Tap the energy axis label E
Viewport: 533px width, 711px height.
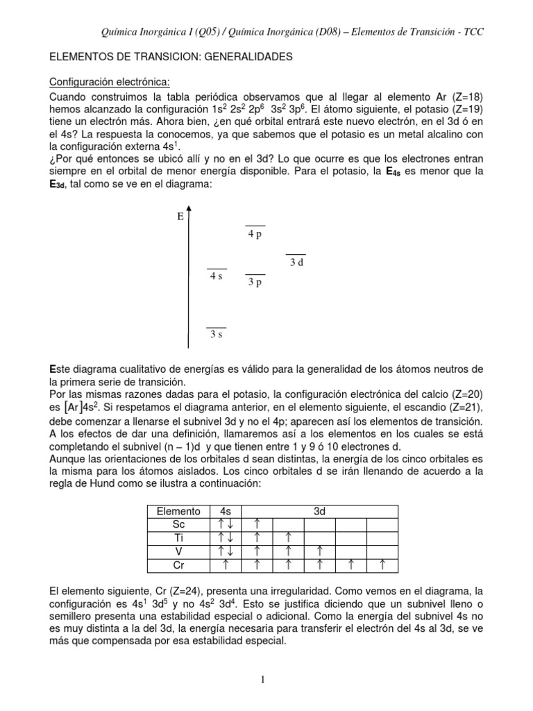pyautogui.click(x=180, y=217)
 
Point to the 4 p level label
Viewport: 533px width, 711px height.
pyautogui.click(x=255, y=235)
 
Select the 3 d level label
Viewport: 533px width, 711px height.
pyautogui.click(x=296, y=262)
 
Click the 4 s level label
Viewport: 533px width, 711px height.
pyautogui.click(x=217, y=276)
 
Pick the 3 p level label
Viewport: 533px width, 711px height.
pyautogui.click(x=255, y=282)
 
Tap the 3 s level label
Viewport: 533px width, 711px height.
pyautogui.click(x=217, y=335)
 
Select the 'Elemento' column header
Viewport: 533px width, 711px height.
pyautogui.click(x=178, y=511)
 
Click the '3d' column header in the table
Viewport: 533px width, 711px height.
pyautogui.click(x=319, y=511)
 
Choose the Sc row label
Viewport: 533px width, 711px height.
pyautogui.click(x=178, y=524)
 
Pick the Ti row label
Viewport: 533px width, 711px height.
pyautogui.click(x=178, y=537)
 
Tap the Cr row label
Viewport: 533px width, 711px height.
pyautogui.click(x=178, y=564)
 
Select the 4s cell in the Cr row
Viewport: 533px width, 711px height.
pyautogui.click(x=226, y=564)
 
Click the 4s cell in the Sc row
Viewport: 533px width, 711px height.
pyautogui.click(x=226, y=524)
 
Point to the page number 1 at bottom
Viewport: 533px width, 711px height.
pyautogui.click(x=264, y=679)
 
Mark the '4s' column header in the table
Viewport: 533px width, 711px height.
pyautogui.click(x=226, y=511)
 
